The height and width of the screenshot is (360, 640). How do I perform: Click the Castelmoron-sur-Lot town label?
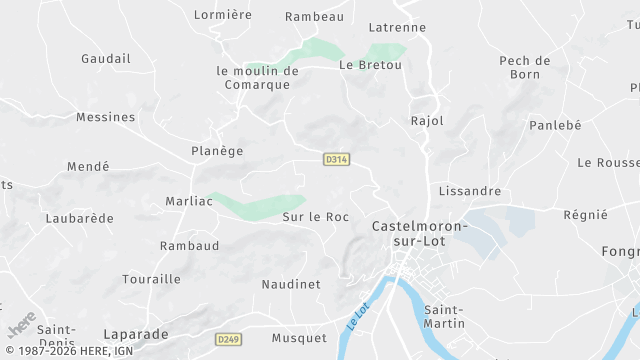tap(419, 234)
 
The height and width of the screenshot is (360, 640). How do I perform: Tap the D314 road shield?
tap(335, 159)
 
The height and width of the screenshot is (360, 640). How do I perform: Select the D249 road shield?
tap(228, 340)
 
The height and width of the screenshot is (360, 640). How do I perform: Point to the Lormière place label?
tap(223, 15)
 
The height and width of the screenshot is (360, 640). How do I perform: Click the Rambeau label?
tap(314, 16)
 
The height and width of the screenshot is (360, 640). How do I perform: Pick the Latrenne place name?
tap(397, 27)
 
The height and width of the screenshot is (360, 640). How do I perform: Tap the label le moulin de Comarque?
tap(258, 78)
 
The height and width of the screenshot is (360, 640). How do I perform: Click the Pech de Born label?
tap(525, 67)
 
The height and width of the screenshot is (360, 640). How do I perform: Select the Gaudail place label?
tap(106, 59)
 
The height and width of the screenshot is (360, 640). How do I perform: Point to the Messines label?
tap(105, 117)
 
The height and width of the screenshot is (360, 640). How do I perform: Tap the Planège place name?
tap(217, 151)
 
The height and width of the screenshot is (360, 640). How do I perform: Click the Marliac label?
tap(189, 201)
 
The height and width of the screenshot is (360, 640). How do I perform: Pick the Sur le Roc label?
tap(315, 216)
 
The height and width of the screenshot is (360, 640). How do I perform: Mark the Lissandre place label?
tap(469, 190)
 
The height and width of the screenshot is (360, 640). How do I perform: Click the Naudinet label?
tap(291, 284)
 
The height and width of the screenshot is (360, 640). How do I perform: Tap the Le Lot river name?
tap(358, 319)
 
